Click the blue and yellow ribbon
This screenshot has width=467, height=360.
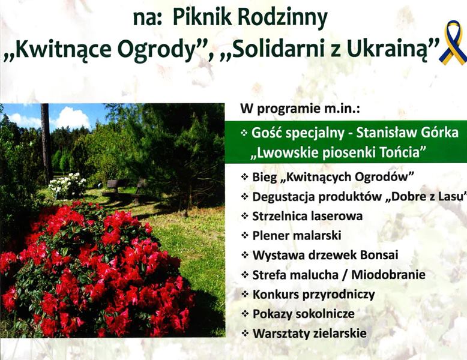(453, 41)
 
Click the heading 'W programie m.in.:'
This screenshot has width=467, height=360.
(300, 109)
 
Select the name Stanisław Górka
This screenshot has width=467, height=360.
(407, 133)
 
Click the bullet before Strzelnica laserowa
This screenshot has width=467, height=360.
(244, 216)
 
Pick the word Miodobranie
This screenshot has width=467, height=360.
(388, 275)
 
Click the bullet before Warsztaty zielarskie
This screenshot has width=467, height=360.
(244, 333)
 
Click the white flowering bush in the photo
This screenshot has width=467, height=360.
(67, 185)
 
